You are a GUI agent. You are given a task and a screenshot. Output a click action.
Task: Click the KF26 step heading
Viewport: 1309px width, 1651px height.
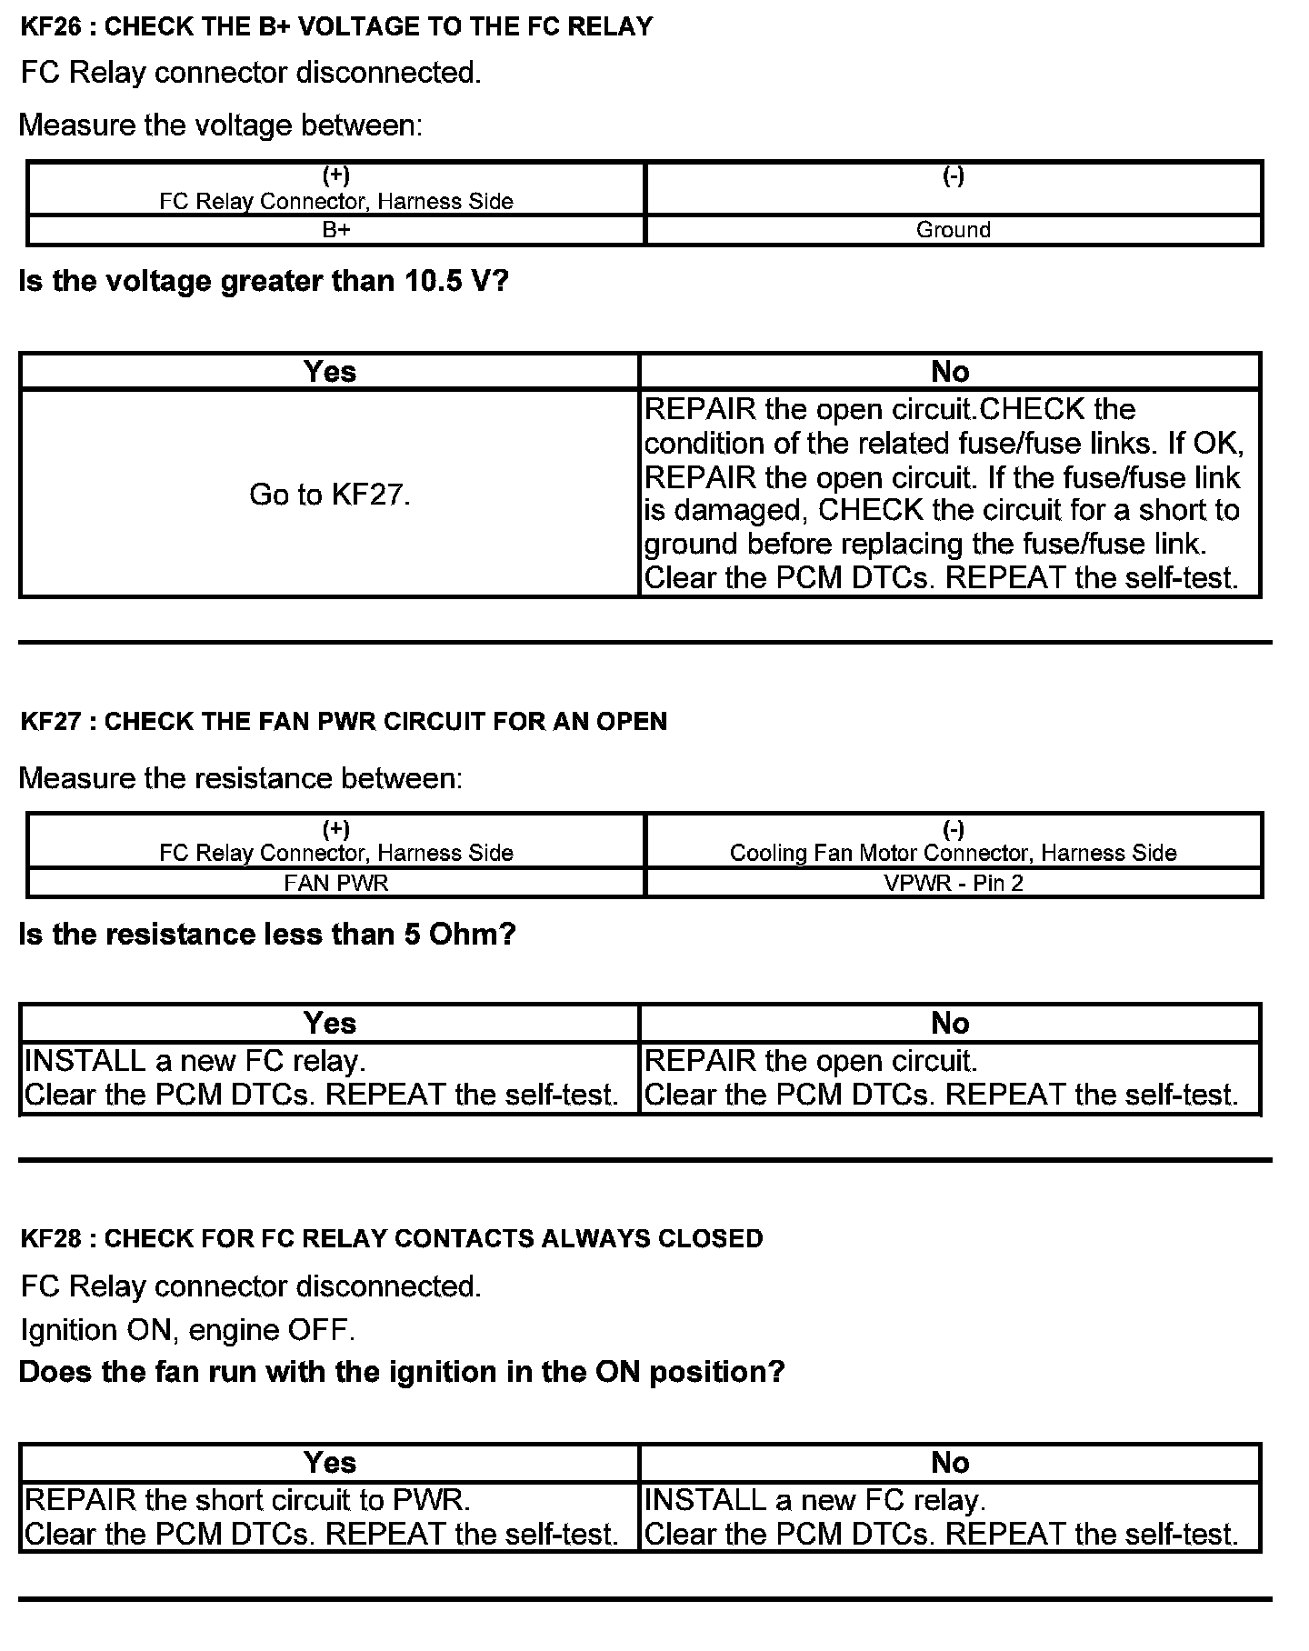pyautogui.click(x=336, y=26)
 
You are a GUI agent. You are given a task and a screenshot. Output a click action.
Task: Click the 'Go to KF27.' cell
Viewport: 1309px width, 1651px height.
pyautogui.click(x=330, y=495)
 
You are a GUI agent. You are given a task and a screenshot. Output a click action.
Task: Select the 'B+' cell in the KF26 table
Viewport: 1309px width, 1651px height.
pyautogui.click(x=336, y=230)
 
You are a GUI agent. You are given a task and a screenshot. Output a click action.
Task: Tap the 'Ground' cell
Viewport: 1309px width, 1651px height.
pyautogui.click(x=953, y=230)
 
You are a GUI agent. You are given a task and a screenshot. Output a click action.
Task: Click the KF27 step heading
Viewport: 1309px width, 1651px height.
pyautogui.click(x=344, y=722)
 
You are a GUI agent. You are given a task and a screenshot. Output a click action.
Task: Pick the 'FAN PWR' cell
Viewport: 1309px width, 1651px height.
pyautogui.click(x=336, y=883)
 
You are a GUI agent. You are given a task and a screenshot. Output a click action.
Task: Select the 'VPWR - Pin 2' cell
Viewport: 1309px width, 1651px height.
pyautogui.click(x=953, y=883)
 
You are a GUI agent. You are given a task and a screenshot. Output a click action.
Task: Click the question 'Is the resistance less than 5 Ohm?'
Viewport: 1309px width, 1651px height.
pyautogui.click(x=267, y=935)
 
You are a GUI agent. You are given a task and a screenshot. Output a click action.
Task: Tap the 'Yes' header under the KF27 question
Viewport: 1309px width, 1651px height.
pyautogui.click(x=330, y=1024)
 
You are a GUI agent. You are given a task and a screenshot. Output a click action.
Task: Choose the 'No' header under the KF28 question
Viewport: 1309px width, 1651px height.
pyautogui.click(x=950, y=1463)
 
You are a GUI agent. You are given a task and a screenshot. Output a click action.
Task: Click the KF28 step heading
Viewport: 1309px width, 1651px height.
pyautogui.click(x=392, y=1238)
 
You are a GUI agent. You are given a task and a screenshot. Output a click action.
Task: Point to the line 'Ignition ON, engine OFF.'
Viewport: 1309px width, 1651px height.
pyautogui.click(x=187, y=1330)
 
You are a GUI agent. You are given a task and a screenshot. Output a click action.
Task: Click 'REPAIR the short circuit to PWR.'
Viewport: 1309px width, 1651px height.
pyautogui.click(x=247, y=1500)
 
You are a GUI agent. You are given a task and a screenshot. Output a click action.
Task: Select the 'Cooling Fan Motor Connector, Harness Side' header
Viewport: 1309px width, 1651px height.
pyautogui.click(x=953, y=853)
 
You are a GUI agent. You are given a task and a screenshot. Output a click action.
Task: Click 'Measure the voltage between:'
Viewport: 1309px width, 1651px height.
pyautogui.click(x=221, y=125)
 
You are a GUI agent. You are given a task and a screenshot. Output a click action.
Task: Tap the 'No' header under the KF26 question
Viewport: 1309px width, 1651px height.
pyautogui.click(x=950, y=372)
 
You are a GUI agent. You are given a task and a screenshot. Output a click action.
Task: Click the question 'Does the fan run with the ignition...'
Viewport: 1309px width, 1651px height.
pyautogui.click(x=401, y=1372)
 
